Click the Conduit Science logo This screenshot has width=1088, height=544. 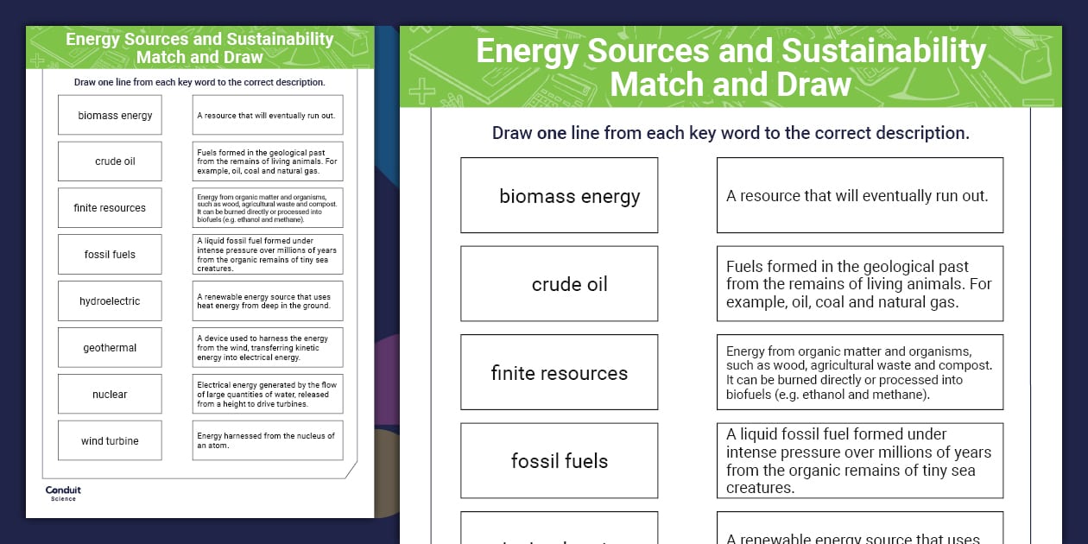pyautogui.click(x=63, y=493)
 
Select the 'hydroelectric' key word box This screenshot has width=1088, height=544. pyautogui.click(x=110, y=301)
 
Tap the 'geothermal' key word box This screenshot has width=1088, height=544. pyautogui.click(x=110, y=348)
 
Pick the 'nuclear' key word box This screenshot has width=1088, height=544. pyautogui.click(x=110, y=395)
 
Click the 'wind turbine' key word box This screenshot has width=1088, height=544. pyautogui.click(x=110, y=441)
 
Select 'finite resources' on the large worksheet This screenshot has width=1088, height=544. pyautogui.click(x=560, y=373)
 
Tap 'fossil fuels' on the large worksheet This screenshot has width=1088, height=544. pyautogui.click(x=560, y=461)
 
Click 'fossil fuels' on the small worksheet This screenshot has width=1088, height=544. pyautogui.click(x=110, y=255)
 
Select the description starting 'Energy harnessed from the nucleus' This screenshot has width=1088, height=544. pyautogui.click(x=267, y=441)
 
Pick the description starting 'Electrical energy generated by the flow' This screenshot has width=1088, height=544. pyautogui.click(x=267, y=395)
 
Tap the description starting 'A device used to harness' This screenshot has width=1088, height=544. pyautogui.click(x=267, y=348)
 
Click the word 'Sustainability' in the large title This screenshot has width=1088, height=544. pyautogui.click(x=883, y=53)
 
